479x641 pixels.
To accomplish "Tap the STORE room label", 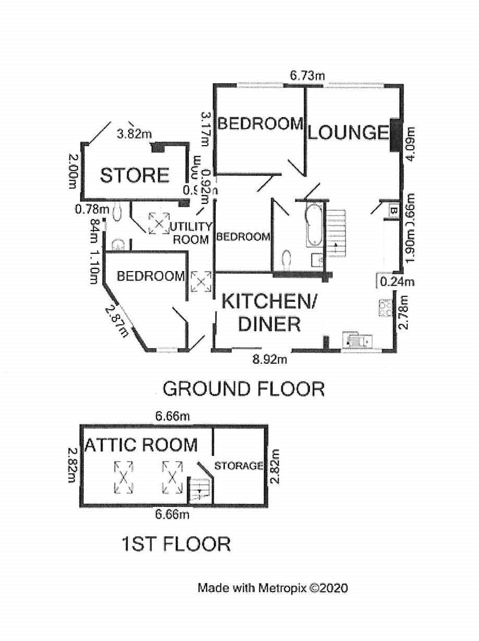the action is (x=135, y=175).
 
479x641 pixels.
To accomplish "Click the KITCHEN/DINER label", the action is (x=269, y=313).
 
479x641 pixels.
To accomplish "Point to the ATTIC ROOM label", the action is (x=141, y=445).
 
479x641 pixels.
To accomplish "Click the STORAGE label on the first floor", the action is (x=239, y=466).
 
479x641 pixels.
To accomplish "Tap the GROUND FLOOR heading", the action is (x=243, y=389).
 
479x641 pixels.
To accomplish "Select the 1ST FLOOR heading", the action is (x=176, y=544).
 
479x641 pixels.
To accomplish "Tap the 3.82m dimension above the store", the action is (x=135, y=134).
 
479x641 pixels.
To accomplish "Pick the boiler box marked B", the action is (x=394, y=211).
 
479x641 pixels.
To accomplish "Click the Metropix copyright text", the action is (x=273, y=588).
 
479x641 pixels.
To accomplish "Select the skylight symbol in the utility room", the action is (x=159, y=223).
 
